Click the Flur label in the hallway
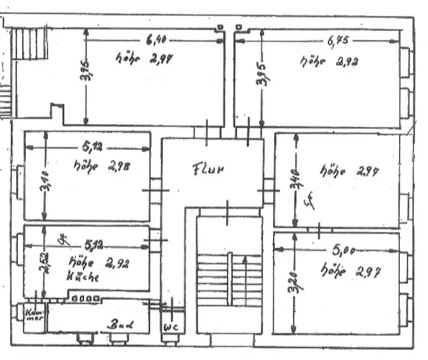[x=208, y=169]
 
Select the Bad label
[x=120, y=325]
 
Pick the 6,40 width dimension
[x=155, y=40]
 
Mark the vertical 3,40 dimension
[x=294, y=179]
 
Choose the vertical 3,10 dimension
[x=44, y=181]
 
